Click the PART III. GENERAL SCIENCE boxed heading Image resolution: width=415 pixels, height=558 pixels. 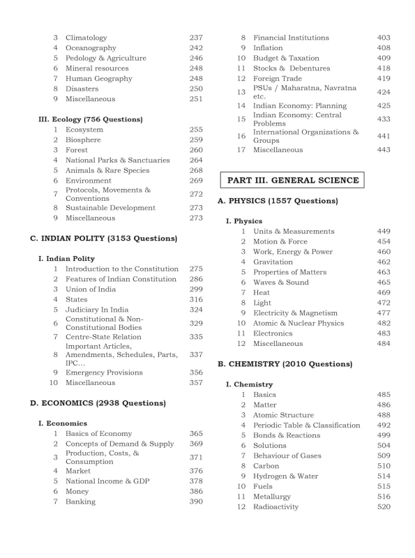pyautogui.click(x=293, y=180)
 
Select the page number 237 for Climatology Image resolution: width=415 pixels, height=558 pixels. pyautogui.click(x=196, y=37)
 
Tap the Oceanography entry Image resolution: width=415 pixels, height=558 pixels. pyautogui.click(x=91, y=47)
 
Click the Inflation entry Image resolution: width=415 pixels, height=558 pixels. pyautogui.click(x=269, y=47)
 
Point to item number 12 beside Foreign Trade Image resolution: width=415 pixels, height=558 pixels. pyautogui.click(x=241, y=79)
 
